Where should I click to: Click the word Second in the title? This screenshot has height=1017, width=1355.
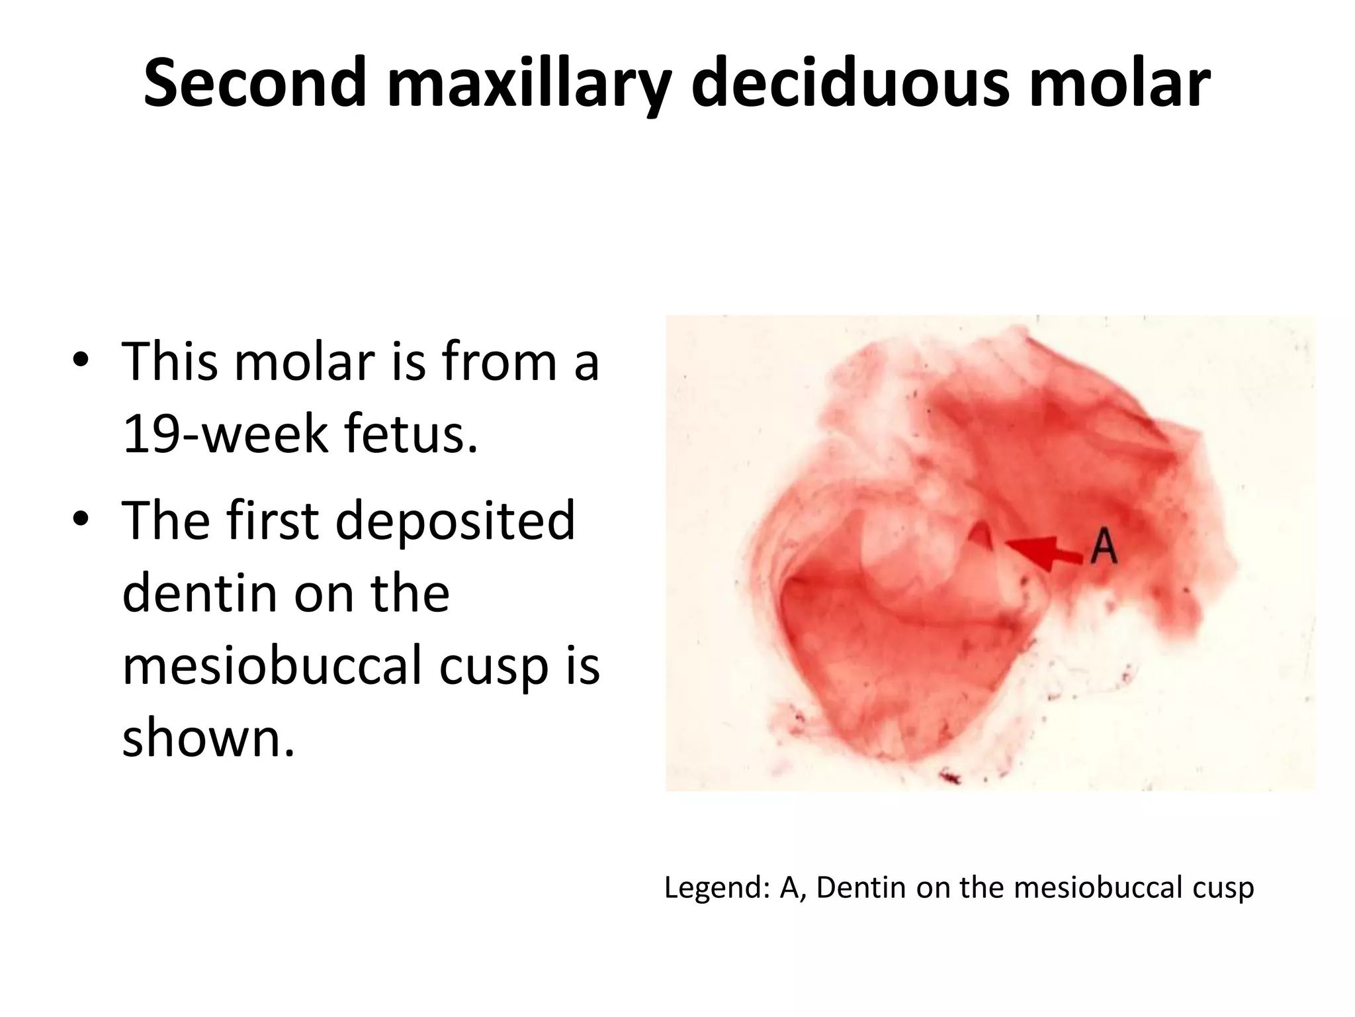click(x=255, y=82)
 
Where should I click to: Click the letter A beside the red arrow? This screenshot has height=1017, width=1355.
click(x=1103, y=548)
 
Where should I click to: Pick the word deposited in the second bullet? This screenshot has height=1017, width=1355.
click(x=455, y=520)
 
